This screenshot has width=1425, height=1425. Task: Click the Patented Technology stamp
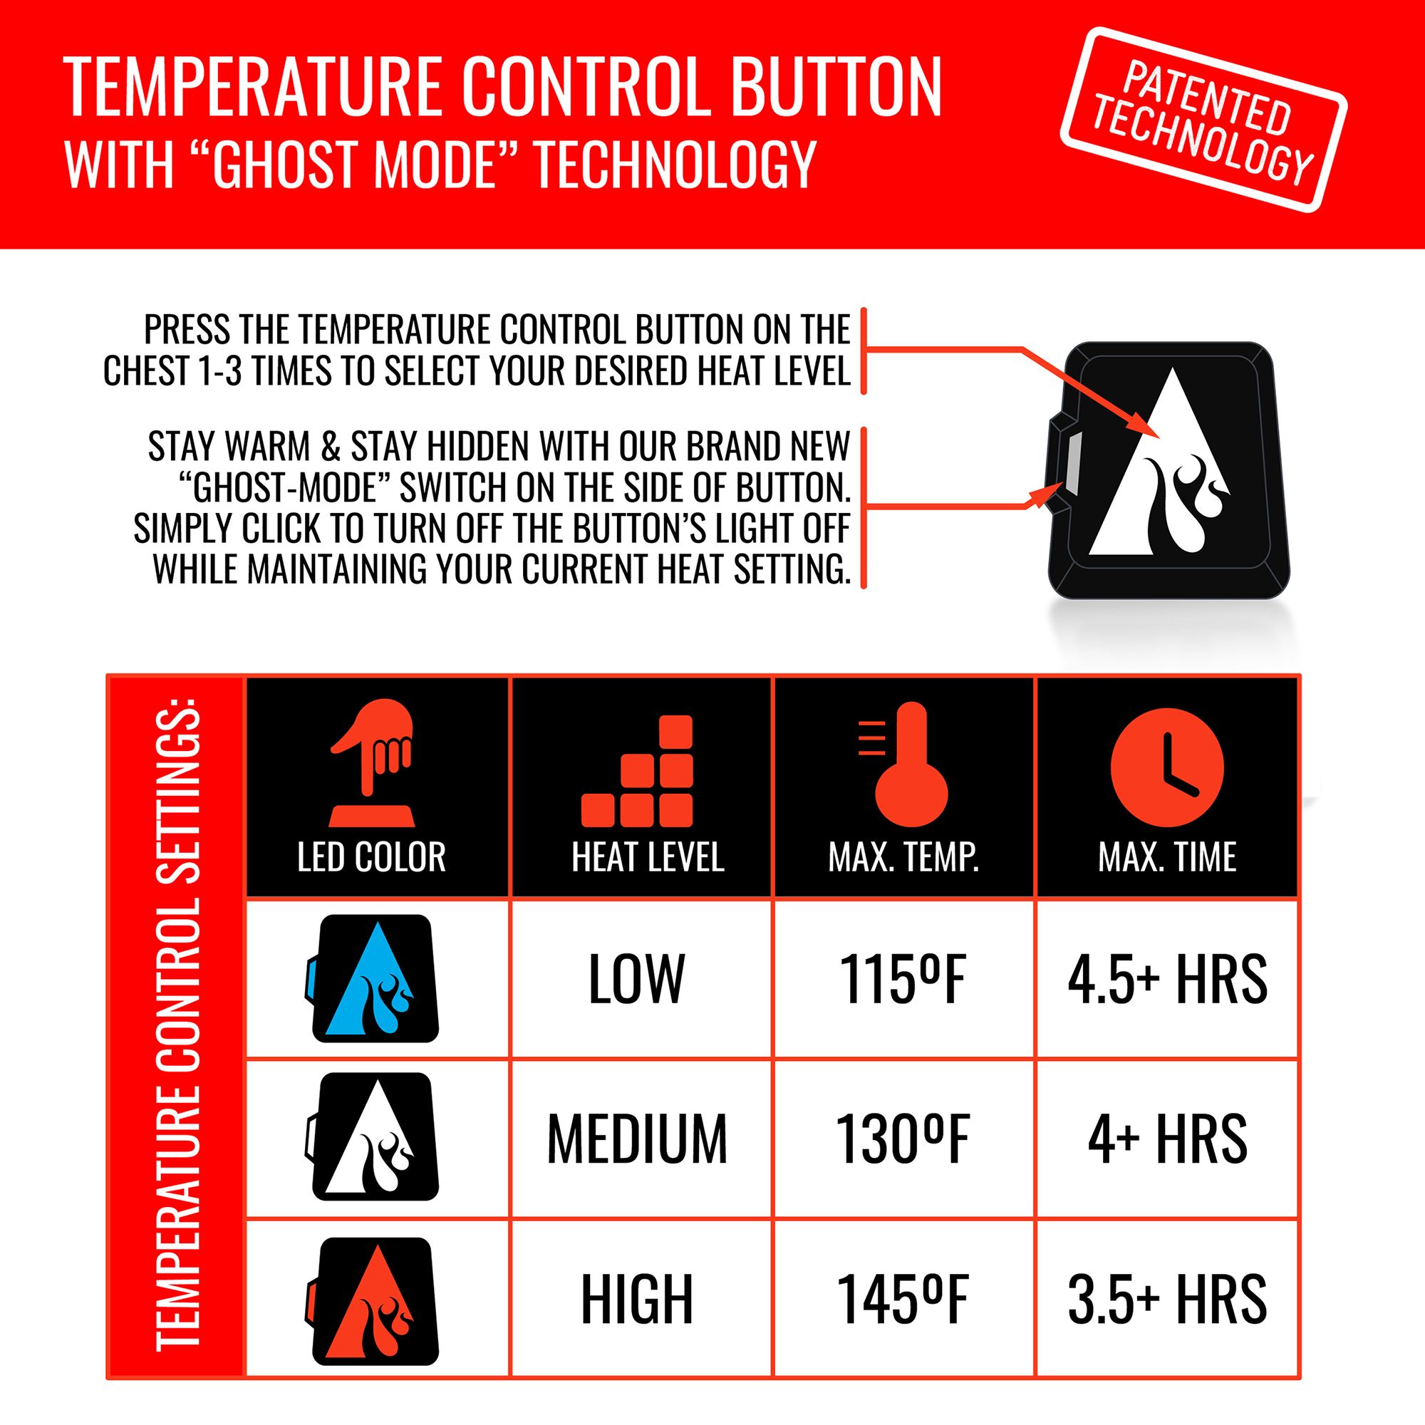click(x=1203, y=120)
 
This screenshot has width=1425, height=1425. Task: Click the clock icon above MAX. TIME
click(x=1167, y=768)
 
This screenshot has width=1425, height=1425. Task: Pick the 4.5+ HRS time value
click(x=1167, y=979)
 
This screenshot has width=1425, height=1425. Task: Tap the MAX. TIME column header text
click(x=1167, y=857)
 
